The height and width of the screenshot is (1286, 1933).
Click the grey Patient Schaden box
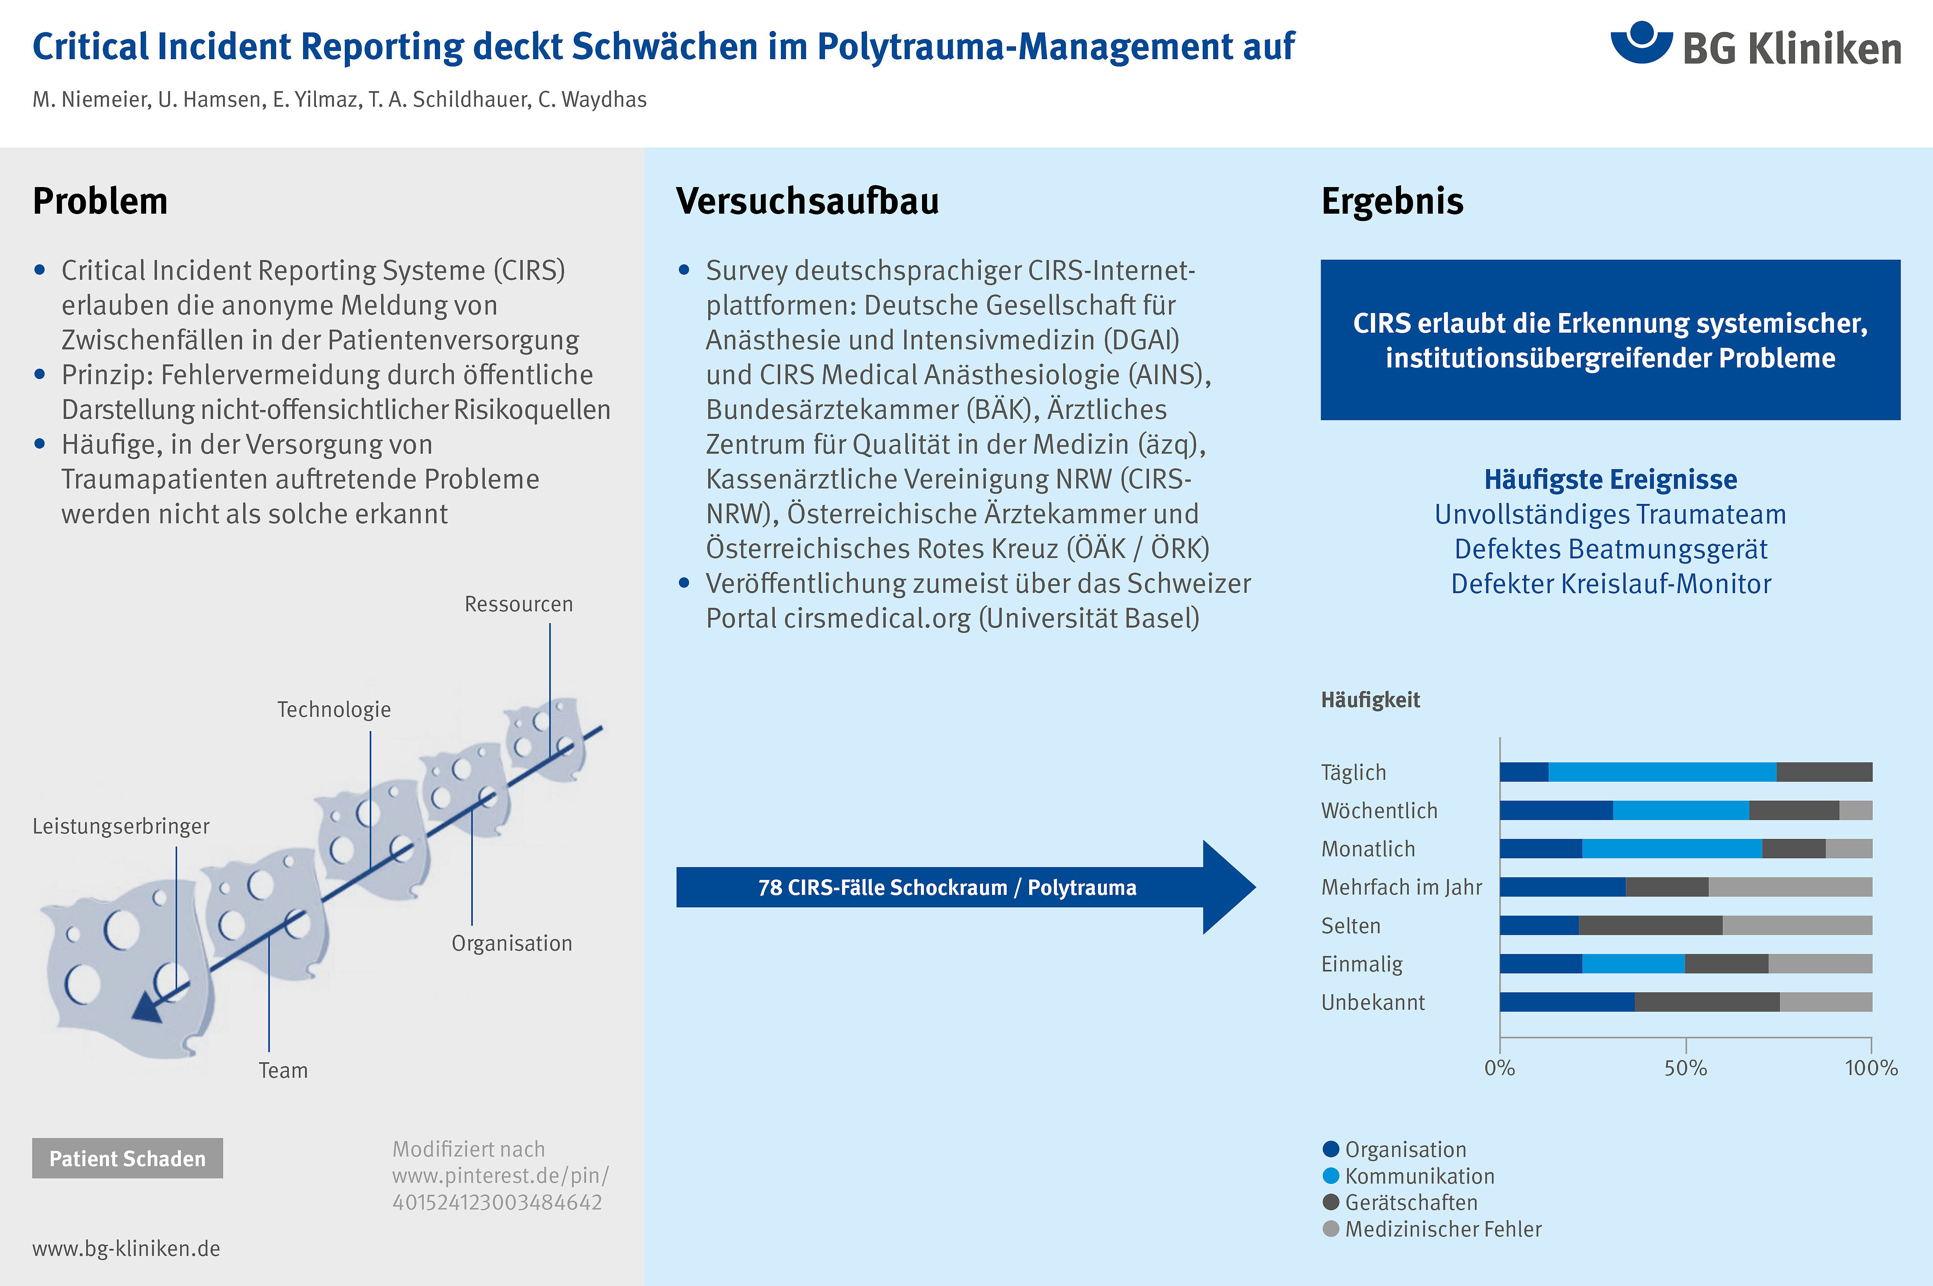point(127,1158)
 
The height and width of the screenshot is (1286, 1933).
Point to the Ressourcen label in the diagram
point(518,604)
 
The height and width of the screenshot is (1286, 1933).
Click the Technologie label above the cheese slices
point(334,709)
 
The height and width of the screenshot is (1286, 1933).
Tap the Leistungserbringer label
point(121,826)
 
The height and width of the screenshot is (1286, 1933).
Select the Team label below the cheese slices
point(283,1070)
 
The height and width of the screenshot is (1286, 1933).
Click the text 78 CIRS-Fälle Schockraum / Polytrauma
point(947,887)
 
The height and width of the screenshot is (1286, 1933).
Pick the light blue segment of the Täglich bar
point(1662,772)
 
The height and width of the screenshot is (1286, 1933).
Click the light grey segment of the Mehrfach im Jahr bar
point(1790,886)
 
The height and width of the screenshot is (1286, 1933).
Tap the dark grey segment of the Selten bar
point(1651,925)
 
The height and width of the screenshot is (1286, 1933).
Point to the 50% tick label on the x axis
point(1686,1068)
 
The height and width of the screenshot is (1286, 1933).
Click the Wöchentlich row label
point(1379,810)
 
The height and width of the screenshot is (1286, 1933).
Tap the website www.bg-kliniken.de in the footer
point(126,1248)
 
